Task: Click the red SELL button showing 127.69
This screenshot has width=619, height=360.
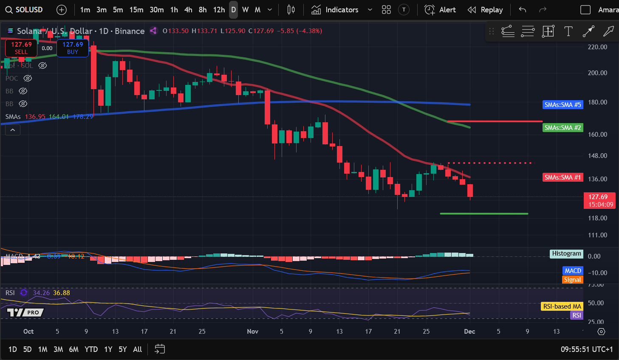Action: [x=21, y=48]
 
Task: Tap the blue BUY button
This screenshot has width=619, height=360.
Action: [x=73, y=48]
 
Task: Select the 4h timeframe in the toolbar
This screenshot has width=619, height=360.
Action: [x=188, y=10]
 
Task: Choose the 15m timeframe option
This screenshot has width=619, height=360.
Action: [x=136, y=10]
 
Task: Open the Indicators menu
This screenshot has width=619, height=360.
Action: [x=336, y=10]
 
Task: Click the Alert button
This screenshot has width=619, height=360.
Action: [x=440, y=10]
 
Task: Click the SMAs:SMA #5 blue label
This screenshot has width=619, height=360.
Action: [x=563, y=104]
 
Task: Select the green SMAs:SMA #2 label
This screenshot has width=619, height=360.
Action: [x=563, y=127]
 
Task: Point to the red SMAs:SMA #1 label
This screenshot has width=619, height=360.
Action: [x=563, y=177]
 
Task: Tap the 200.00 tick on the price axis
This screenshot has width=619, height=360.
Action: [x=597, y=73]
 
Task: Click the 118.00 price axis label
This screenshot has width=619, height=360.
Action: [x=597, y=218]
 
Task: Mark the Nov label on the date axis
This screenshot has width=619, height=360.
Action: [x=253, y=331]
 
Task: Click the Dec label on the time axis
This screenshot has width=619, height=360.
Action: [x=469, y=331]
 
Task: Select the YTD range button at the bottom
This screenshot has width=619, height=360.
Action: [x=91, y=349]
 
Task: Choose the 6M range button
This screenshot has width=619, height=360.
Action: [x=74, y=349]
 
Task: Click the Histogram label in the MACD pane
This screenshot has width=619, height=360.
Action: [x=566, y=253]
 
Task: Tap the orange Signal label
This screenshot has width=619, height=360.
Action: [x=572, y=280]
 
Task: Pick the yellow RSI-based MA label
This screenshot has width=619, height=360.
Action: [x=562, y=306]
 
